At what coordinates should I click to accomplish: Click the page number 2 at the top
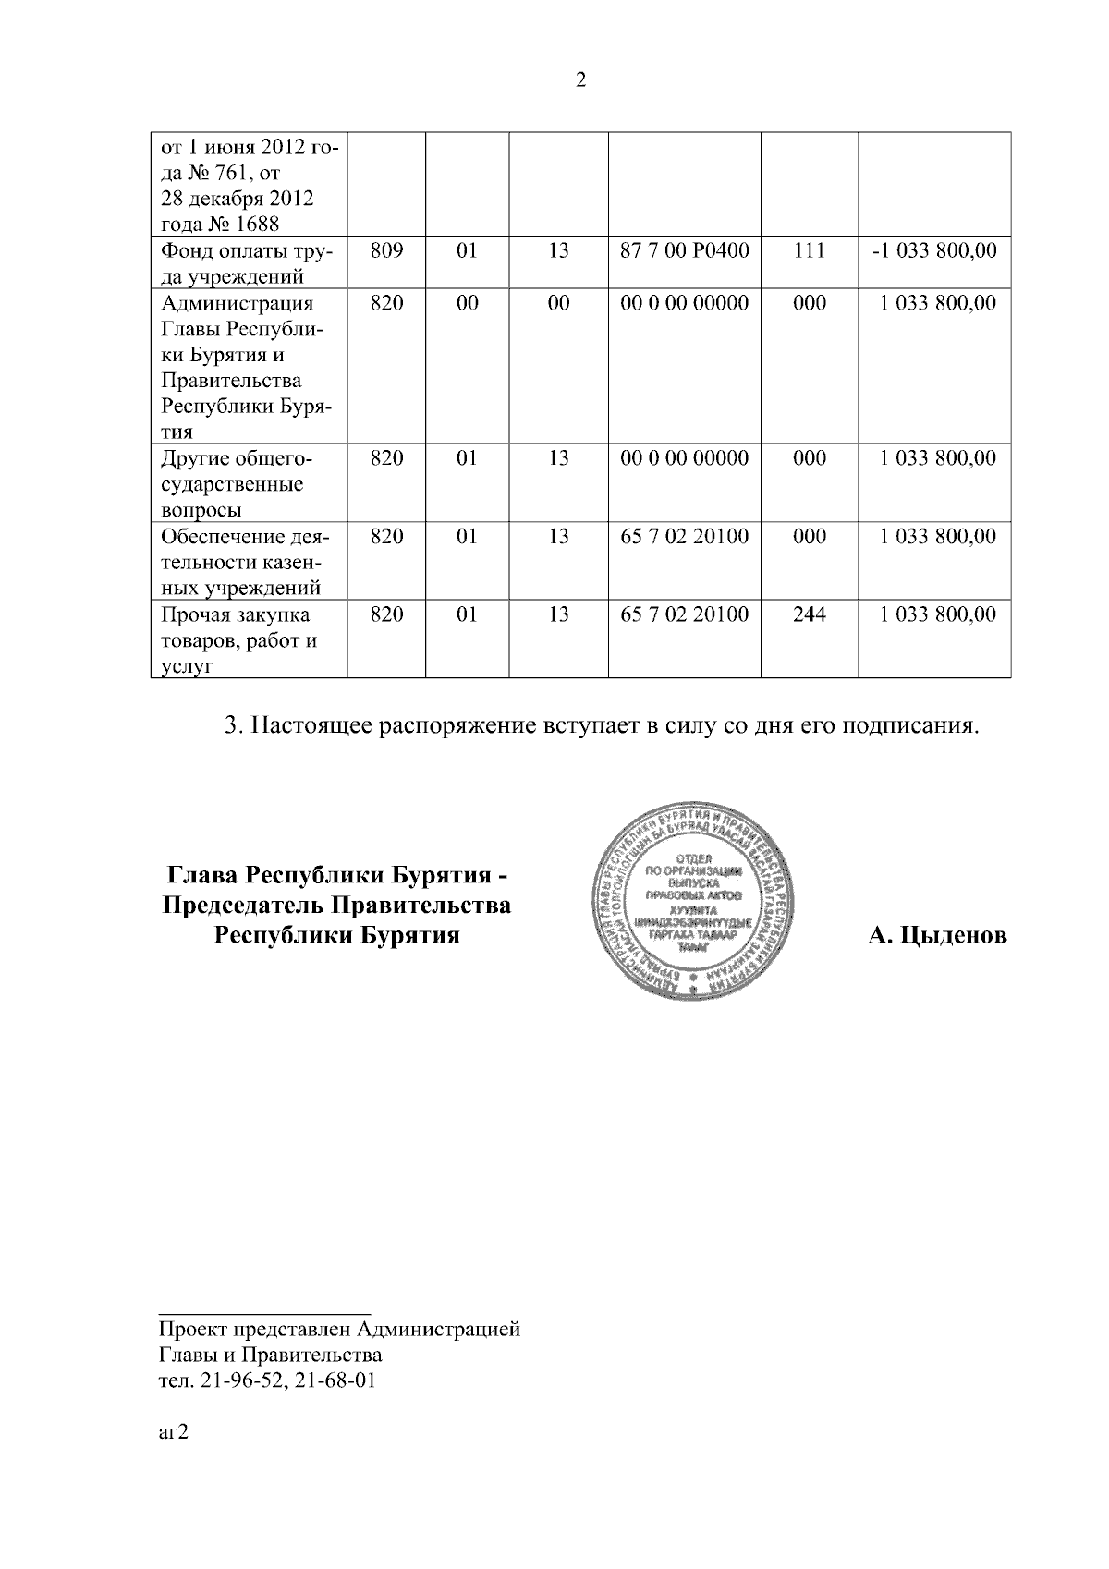[580, 80]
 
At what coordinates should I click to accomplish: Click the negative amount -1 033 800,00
[934, 250]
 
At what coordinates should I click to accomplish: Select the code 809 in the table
[386, 250]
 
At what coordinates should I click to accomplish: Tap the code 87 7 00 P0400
[684, 250]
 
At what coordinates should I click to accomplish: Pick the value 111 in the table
[810, 250]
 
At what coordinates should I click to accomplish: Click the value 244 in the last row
[810, 614]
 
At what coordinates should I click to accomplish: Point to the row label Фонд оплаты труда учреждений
[248, 263]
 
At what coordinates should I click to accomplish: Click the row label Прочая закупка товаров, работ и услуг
[238, 639]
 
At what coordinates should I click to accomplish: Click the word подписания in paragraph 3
[907, 725]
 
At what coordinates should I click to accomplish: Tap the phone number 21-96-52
[232, 1381]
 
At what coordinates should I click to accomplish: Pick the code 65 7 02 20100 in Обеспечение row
[684, 537]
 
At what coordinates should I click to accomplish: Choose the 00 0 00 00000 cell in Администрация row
[684, 303]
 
